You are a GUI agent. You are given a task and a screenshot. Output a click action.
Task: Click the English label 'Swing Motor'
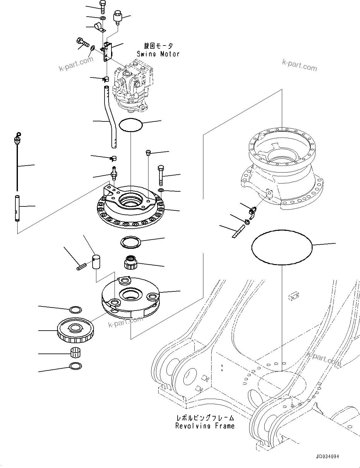pos(158,54)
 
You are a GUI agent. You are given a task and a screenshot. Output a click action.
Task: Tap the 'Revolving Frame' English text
pos(205,426)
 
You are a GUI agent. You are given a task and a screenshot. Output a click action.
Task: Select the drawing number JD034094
pos(328,457)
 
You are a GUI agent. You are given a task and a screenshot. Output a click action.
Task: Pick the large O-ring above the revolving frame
pos(282,247)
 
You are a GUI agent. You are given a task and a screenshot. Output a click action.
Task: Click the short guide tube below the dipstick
pos(17,208)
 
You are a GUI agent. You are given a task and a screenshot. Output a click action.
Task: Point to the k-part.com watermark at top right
pos(299,65)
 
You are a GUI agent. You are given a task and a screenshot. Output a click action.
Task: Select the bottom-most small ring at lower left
pos(75,366)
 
